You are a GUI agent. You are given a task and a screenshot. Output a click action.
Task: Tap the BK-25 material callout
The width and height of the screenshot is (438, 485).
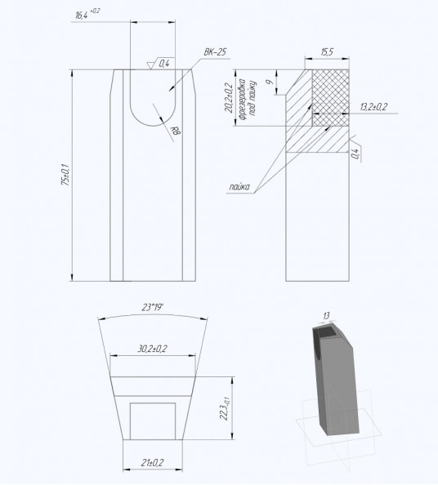[x=215, y=52]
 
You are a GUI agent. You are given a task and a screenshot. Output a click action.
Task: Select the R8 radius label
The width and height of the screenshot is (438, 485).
[x=176, y=131]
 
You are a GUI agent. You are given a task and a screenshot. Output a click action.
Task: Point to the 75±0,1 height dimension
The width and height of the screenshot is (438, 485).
[x=65, y=175]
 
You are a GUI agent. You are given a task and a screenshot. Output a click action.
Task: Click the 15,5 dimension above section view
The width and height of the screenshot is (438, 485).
[x=327, y=52]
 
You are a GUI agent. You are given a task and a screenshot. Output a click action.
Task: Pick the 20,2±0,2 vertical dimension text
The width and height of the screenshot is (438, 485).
[x=230, y=98]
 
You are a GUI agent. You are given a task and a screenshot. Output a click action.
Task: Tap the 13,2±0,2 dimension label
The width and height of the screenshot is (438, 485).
[x=373, y=107]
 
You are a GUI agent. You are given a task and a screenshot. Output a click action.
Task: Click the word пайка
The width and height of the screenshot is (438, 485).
[x=239, y=187]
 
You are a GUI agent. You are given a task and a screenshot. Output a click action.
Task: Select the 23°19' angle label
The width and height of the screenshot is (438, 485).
[x=153, y=308]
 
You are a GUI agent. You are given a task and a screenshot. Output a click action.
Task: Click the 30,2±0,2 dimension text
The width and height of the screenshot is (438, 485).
[x=152, y=349]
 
